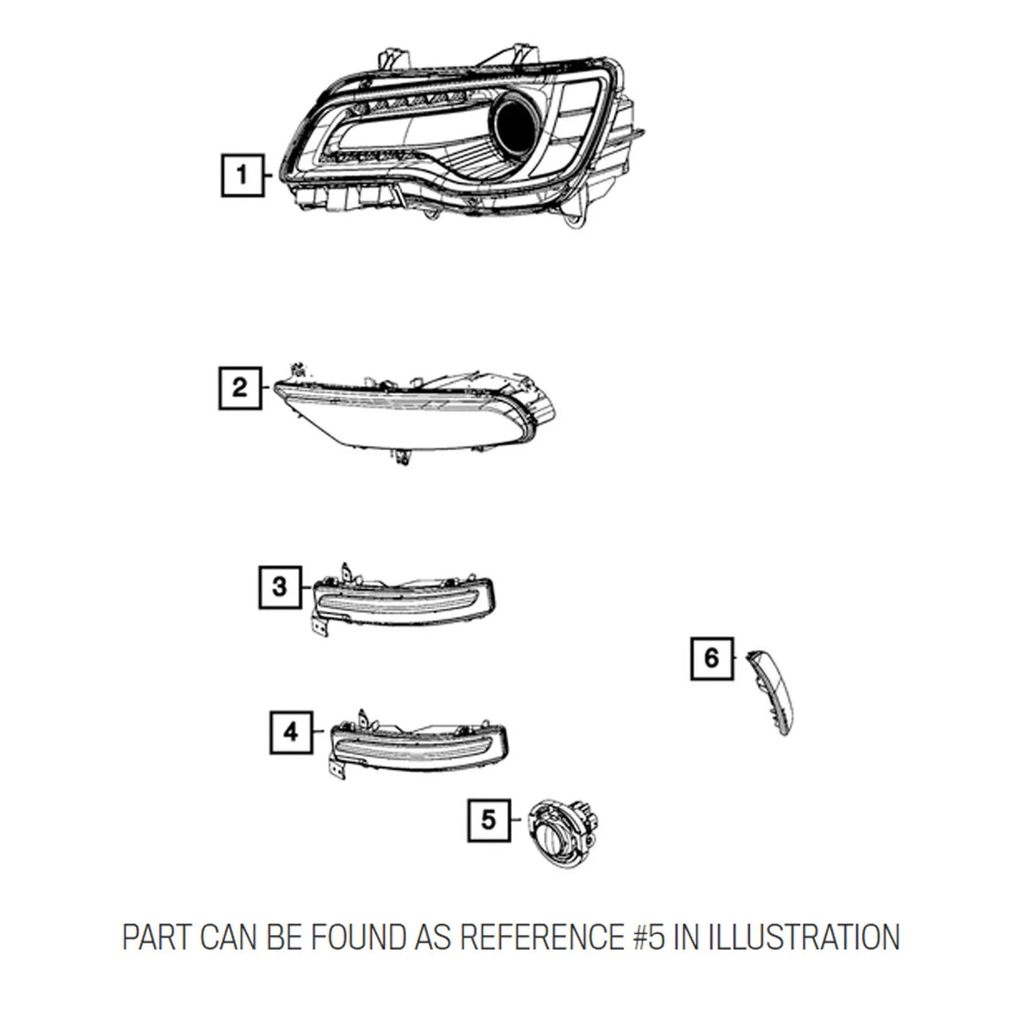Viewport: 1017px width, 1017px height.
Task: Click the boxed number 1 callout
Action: (x=242, y=175)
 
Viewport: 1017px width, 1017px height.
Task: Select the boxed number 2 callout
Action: (x=240, y=388)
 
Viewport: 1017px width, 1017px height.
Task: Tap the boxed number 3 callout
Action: (x=281, y=586)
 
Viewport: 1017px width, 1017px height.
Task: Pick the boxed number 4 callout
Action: (x=291, y=732)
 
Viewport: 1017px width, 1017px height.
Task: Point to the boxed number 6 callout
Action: (x=712, y=659)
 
